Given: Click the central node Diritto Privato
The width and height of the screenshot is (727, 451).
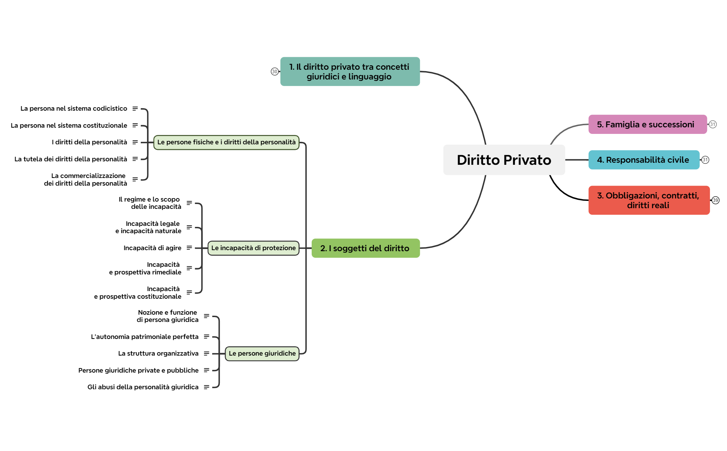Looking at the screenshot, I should [x=504, y=160].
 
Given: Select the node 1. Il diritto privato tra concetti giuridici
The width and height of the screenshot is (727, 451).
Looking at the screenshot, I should [x=350, y=71].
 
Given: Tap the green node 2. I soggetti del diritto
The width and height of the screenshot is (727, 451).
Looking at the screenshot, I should [x=365, y=248].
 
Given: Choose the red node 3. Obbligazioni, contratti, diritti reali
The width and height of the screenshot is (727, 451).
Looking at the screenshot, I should [x=649, y=200].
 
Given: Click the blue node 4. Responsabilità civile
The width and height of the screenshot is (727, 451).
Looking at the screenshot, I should [x=643, y=160].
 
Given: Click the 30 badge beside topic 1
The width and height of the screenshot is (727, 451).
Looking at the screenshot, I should [x=275, y=71].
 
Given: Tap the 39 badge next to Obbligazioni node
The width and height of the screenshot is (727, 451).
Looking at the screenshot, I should [x=715, y=200].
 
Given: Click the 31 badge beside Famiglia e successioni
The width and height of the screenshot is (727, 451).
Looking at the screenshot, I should [x=712, y=124].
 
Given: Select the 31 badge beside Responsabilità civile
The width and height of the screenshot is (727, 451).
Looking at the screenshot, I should [x=705, y=160].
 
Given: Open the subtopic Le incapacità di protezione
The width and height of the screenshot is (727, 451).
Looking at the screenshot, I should [x=253, y=248].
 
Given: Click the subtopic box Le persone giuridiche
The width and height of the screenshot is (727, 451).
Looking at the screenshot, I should [x=262, y=354].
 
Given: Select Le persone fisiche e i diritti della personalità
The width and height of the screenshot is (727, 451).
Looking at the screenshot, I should [x=226, y=142].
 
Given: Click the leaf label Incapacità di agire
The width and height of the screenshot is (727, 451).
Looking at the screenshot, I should [x=152, y=248].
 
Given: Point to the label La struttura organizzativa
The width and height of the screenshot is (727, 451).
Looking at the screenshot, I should [x=158, y=354].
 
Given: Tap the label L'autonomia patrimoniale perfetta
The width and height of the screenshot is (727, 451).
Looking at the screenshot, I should [x=145, y=337].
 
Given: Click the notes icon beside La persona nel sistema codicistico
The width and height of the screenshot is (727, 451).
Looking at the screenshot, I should [x=135, y=109].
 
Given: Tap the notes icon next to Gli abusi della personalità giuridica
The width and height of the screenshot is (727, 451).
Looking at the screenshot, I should [x=207, y=387].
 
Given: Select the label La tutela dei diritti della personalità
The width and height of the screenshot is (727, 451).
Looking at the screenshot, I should [x=71, y=159].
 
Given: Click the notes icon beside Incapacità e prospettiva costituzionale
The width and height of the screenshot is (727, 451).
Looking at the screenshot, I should [x=189, y=292].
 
